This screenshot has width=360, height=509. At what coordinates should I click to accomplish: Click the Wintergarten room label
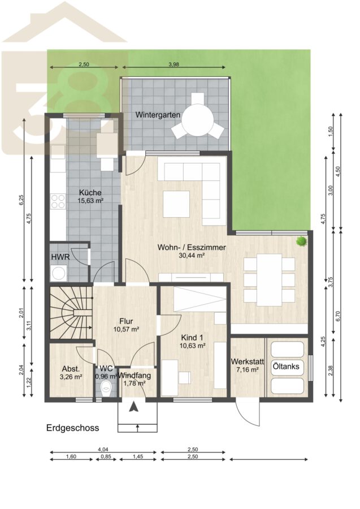click(x=158, y=115)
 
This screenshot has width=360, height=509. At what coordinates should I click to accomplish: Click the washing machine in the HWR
click(x=59, y=273)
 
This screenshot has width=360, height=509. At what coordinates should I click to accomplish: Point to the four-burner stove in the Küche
click(x=58, y=201)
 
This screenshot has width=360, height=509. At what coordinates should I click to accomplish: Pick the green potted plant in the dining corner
click(x=302, y=241)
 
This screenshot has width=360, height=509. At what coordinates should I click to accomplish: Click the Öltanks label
click(x=286, y=366)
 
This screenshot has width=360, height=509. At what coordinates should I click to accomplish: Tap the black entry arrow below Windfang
click(x=133, y=407)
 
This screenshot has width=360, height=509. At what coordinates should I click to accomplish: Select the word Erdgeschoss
click(x=73, y=428)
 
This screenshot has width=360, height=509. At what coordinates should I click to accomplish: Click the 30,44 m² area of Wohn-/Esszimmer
click(x=192, y=256)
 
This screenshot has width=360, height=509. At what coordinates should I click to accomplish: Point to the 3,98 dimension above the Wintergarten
click(x=174, y=64)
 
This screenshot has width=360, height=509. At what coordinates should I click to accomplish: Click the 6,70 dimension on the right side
click(x=339, y=316)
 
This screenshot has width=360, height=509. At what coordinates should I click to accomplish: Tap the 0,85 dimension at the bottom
click(x=106, y=456)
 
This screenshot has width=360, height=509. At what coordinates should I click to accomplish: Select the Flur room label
click(x=126, y=321)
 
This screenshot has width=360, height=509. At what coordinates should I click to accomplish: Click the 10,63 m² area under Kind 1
click(x=192, y=346)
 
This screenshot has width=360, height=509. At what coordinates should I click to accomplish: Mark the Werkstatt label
click(x=247, y=361)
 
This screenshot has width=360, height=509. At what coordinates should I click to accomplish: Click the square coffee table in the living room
click(x=176, y=204)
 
